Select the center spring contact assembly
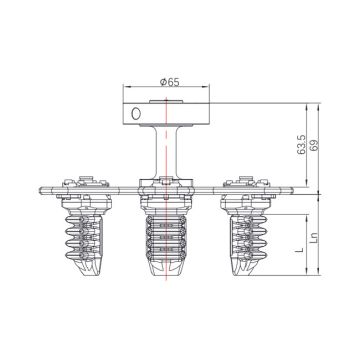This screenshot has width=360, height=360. click(x=163, y=240)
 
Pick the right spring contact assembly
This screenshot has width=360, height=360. click(x=245, y=235)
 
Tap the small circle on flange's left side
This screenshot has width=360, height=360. click(x=132, y=114)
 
